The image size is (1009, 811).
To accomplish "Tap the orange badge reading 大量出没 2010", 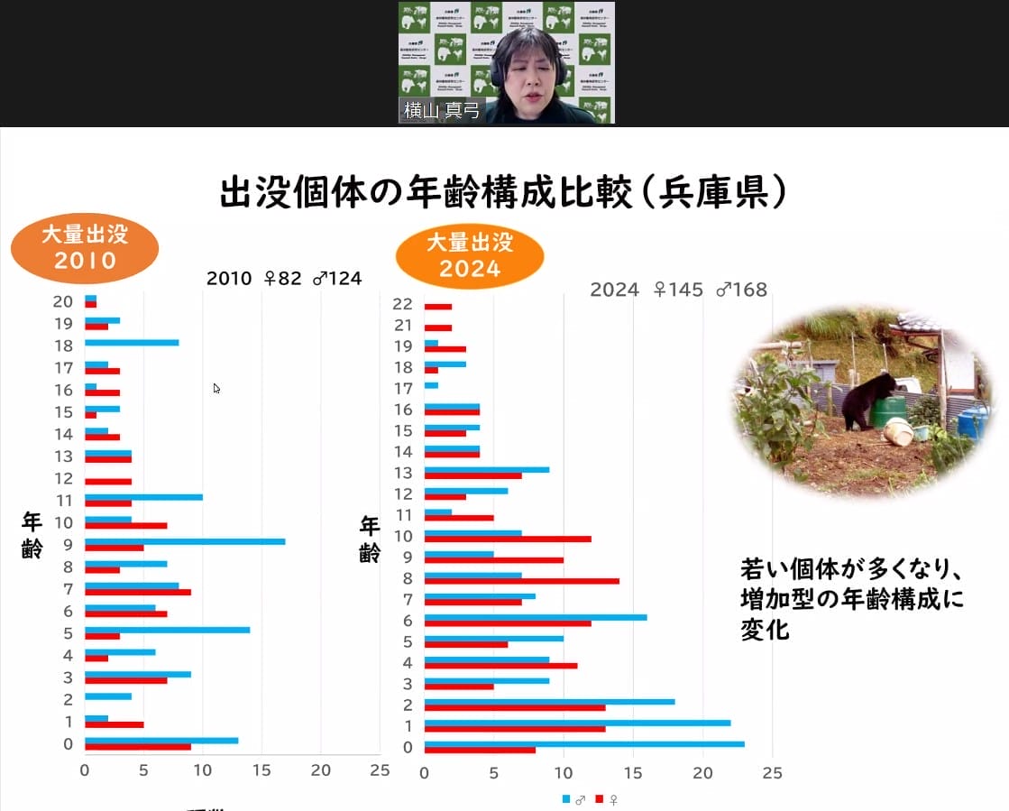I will tap(85, 248).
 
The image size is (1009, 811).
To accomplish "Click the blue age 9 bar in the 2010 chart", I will tap(185, 541).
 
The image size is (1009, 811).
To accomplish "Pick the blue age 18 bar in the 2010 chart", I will tap(132, 343).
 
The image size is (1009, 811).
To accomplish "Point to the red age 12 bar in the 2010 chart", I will tap(108, 482).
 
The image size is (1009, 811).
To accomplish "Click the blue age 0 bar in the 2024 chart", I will tap(584, 743).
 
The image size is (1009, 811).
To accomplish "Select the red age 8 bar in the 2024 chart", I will tap(521, 580).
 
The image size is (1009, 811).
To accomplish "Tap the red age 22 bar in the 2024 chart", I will tap(438, 307).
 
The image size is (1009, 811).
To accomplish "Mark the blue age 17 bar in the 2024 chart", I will tap(431, 386).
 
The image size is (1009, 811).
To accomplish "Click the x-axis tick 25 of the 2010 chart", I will tap(380, 770).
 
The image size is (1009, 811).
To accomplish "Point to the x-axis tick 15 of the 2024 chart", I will tap(633, 773).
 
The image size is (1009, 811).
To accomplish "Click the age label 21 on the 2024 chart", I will tap(402, 326).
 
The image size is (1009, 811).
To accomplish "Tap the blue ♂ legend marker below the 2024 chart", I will tap(566, 799).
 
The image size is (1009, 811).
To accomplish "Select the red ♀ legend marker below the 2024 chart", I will tap(601, 799).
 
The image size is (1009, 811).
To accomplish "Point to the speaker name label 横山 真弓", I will tap(442, 112).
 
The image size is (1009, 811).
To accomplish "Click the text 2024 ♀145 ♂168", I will tap(678, 290).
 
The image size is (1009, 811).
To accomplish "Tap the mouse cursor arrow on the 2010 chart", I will tap(216, 388).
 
